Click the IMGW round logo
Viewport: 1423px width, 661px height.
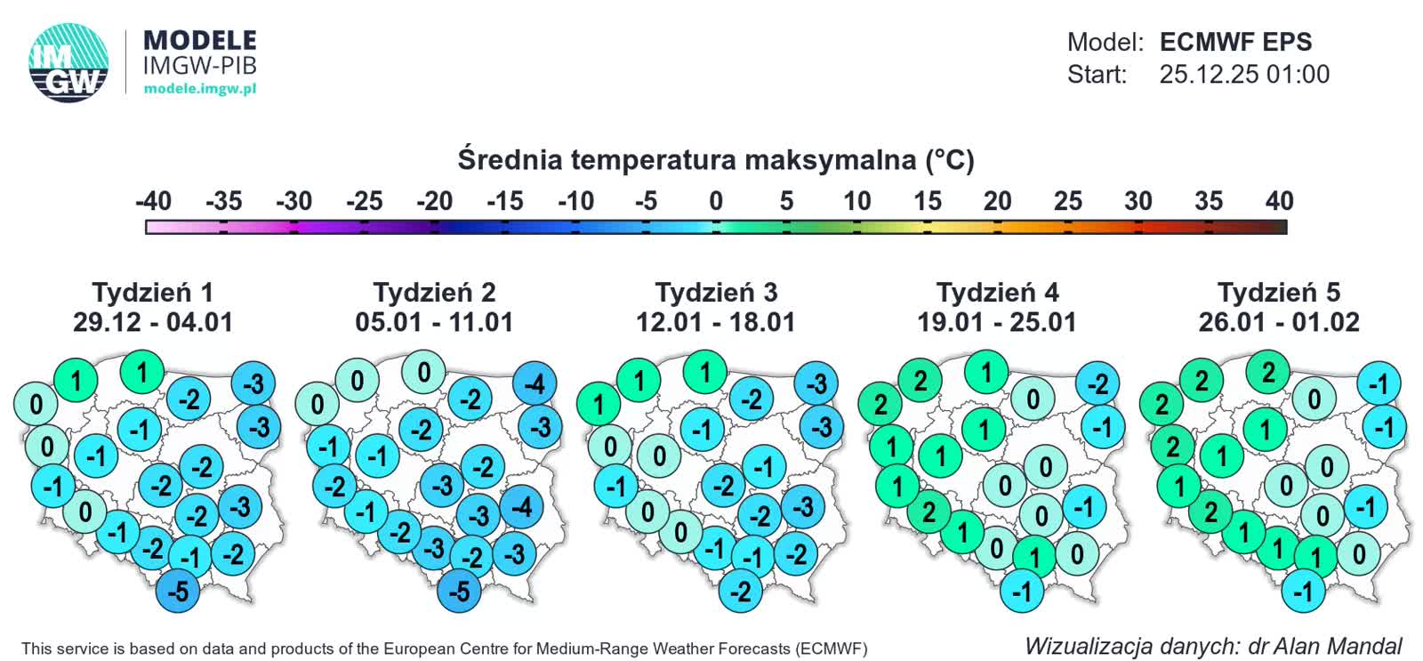(x=68, y=62)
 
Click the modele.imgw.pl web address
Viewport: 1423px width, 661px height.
(x=199, y=89)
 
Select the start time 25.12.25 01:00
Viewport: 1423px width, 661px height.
(x=1243, y=75)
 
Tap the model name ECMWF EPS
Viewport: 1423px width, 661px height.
(x=1235, y=42)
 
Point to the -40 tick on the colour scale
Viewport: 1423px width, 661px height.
(x=153, y=202)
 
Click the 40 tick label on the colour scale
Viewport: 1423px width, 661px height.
(x=1278, y=202)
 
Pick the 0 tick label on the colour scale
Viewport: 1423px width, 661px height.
(x=716, y=202)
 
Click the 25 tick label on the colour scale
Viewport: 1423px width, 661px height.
(x=1067, y=202)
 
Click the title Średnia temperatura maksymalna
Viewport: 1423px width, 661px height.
(x=716, y=160)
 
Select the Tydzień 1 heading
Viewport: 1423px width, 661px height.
(x=153, y=292)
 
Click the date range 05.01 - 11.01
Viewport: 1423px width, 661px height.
(x=434, y=322)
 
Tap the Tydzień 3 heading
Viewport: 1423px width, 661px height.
(x=716, y=292)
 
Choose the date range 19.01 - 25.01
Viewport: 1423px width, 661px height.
(x=997, y=322)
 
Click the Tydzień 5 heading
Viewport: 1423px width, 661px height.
(x=1278, y=292)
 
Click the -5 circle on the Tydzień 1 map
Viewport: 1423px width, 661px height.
(x=178, y=591)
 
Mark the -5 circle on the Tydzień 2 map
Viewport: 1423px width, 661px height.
(x=459, y=591)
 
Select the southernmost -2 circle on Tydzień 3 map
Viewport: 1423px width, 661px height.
(x=741, y=591)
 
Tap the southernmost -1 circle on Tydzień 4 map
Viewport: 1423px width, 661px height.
(x=1022, y=591)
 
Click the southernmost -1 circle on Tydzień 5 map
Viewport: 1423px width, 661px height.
(x=1303, y=591)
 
